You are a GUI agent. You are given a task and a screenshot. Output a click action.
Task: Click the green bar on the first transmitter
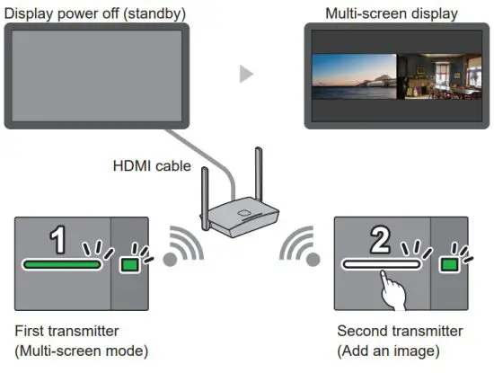(x=61, y=265)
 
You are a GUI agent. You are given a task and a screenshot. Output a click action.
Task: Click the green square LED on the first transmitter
(x=130, y=264)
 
